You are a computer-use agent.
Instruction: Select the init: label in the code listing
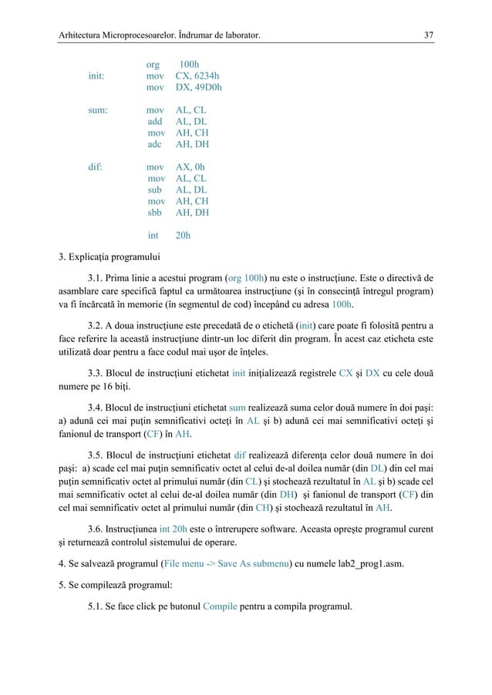[96, 76]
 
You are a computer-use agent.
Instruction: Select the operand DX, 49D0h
[199, 88]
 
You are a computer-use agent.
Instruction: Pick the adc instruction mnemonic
[155, 144]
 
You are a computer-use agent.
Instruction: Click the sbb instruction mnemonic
[155, 212]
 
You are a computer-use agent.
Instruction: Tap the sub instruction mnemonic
[155, 190]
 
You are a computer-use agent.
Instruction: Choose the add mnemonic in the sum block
[155, 122]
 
